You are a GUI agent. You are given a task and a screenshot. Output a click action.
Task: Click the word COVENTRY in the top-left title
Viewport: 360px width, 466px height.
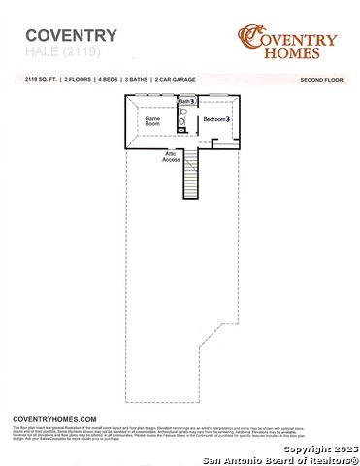pyautogui.click(x=64, y=36)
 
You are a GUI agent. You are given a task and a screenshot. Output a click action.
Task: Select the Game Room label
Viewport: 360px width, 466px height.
pyautogui.click(x=153, y=121)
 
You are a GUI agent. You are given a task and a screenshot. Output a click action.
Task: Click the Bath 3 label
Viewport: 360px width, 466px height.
pyautogui.click(x=187, y=101)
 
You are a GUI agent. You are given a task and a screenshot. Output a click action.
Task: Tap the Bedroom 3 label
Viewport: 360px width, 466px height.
pyautogui.click(x=215, y=119)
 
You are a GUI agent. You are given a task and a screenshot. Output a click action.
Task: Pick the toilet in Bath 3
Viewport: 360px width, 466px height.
pyautogui.click(x=182, y=113)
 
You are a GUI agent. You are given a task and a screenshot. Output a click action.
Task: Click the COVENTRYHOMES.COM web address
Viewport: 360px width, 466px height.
pyautogui.click(x=54, y=416)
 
